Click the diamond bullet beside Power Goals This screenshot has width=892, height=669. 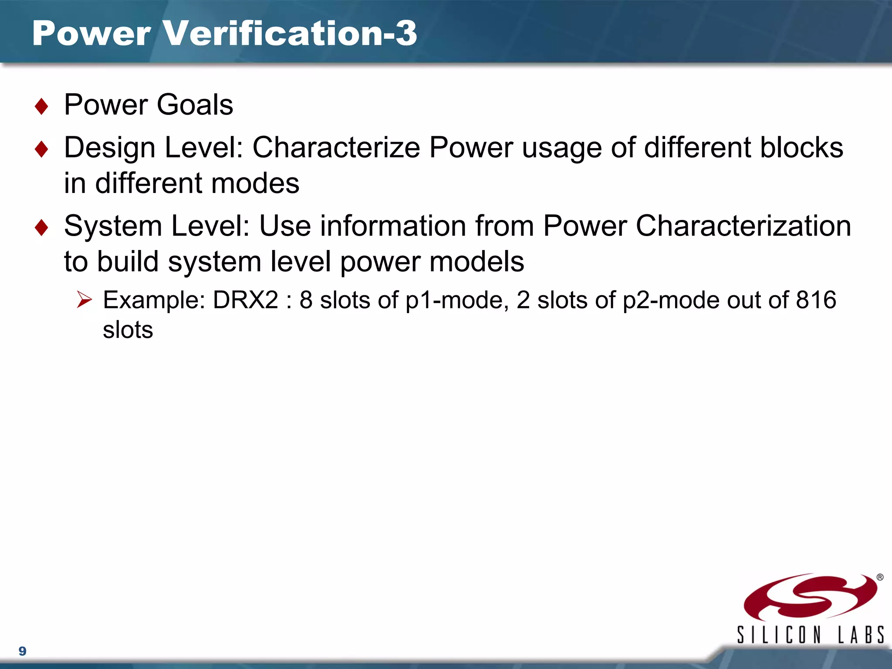tap(41, 106)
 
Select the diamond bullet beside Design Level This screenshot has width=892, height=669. tap(41, 149)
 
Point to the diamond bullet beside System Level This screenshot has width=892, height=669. tap(41, 227)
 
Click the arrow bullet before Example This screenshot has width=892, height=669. tap(84, 300)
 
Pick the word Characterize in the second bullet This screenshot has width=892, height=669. tap(336, 147)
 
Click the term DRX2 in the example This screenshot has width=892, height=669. tap(245, 300)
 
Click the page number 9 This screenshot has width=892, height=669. tap(23, 651)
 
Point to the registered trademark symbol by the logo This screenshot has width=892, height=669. tap(880, 577)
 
